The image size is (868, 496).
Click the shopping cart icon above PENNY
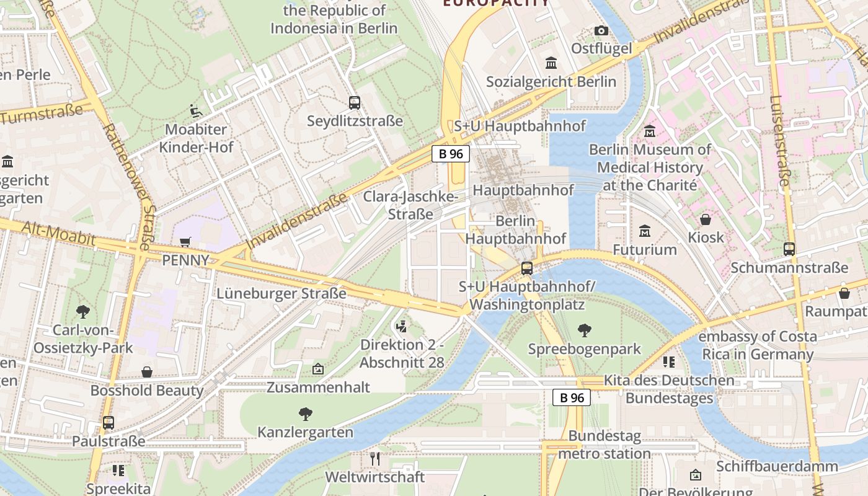tap(185, 242)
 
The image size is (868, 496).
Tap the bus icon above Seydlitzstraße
tap(355, 103)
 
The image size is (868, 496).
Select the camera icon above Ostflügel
tap(601, 30)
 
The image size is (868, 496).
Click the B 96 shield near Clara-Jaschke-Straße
tap(451, 154)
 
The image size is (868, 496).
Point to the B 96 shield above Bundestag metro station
tap(572, 397)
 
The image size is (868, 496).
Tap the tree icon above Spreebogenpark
tap(584, 330)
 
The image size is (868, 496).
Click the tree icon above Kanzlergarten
tap(305, 414)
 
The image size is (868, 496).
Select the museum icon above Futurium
tap(645, 231)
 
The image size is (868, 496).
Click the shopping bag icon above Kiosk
tap(706, 219)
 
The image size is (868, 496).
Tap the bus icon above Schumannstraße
tap(789, 249)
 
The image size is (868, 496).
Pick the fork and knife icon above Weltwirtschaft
tap(374, 459)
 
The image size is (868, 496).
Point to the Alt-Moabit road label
tap(59, 234)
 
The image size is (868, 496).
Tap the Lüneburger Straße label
tap(281, 293)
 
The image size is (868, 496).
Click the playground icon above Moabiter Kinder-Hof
tap(196, 112)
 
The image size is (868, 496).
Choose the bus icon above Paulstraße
tap(108, 423)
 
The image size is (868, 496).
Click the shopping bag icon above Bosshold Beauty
tap(147, 372)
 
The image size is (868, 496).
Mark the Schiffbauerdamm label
tap(786, 466)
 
